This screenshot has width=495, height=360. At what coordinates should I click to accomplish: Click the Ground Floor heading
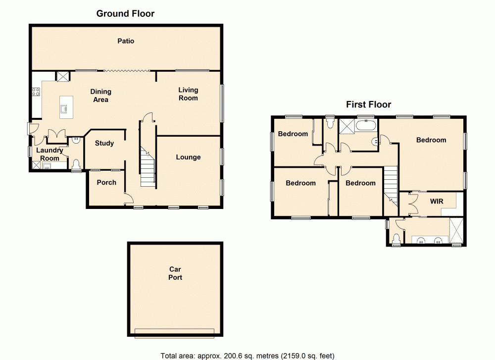[x=125, y=13]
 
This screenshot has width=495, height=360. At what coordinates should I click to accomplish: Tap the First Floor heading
[x=368, y=104]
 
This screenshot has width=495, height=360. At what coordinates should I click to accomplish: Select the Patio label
[x=126, y=41]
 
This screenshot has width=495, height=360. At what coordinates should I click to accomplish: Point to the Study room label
[x=104, y=144]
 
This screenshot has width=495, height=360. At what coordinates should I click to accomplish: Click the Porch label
[x=106, y=183]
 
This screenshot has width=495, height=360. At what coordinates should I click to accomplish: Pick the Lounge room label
[x=188, y=157]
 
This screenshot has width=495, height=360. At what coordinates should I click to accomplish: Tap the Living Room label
[x=188, y=94]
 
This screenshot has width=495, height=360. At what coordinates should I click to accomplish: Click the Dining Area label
[x=100, y=96]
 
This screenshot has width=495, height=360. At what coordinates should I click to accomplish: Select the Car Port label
[x=175, y=273]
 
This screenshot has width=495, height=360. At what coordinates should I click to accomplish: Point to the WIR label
[x=437, y=202]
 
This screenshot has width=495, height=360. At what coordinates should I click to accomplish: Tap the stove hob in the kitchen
[x=36, y=92]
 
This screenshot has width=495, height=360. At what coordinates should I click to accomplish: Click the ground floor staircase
[x=148, y=168]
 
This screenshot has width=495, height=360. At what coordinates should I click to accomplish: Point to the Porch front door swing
[x=128, y=199]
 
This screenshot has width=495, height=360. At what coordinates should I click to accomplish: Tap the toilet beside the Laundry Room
[x=76, y=164]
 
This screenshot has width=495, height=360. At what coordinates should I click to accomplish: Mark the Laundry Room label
[x=50, y=154]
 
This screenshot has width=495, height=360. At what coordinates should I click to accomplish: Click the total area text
[x=247, y=355]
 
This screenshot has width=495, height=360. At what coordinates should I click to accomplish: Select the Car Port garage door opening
[x=175, y=333]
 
